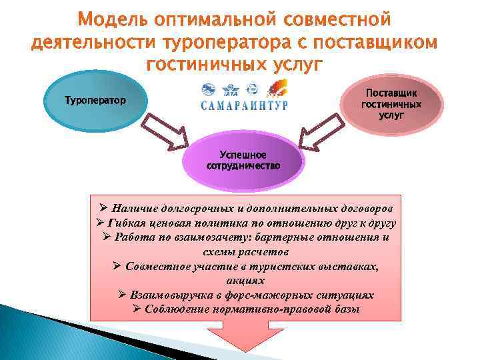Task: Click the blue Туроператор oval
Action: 94,102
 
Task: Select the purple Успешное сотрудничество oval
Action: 243,161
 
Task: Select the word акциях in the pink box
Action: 245,281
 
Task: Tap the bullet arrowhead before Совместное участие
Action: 116,266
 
